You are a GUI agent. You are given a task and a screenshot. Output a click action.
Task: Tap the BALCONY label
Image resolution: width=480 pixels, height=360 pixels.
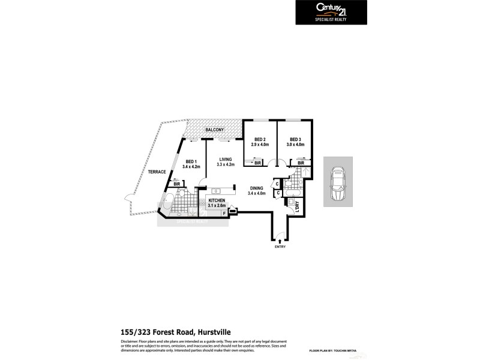tap(214, 130)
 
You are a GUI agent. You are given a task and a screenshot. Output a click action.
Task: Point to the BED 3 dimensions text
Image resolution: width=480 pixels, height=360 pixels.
tap(295, 145)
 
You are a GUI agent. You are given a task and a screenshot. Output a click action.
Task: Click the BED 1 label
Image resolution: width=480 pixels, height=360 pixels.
tap(191, 161)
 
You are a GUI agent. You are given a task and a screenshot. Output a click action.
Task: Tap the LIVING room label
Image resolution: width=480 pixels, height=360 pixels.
tap(225, 159)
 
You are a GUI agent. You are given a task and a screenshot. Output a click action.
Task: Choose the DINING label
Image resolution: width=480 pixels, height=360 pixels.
tap(257, 188)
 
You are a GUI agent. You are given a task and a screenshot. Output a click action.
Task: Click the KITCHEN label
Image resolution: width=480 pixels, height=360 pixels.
tap(217, 200)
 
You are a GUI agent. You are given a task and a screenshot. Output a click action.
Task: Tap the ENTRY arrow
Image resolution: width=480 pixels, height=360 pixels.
tap(279, 240)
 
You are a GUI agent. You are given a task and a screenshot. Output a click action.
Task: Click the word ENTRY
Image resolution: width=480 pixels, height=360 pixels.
tap(280, 247)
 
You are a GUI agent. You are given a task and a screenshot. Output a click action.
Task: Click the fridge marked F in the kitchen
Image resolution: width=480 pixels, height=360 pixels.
tap(224, 213)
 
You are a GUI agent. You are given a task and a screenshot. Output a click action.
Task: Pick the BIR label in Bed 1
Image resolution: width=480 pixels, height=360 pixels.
tap(177, 184)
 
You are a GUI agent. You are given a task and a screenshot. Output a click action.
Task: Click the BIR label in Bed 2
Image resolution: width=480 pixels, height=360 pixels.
tap(258, 163)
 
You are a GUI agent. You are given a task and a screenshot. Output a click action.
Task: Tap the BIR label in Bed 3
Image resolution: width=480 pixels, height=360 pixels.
tap(301, 163)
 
